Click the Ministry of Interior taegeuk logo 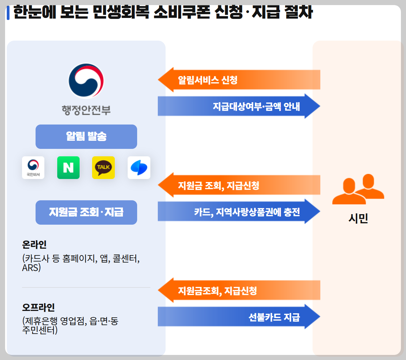tap(86, 81)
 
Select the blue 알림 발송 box tap(86, 137)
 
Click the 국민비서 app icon tap(33, 167)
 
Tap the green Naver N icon tap(68, 167)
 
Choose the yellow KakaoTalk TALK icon tap(103, 167)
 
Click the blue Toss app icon tap(139, 167)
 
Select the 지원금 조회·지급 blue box tap(86, 212)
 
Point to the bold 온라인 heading tap(34, 244)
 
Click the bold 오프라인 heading tap(38, 308)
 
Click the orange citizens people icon tap(358, 189)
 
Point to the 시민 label tap(358, 219)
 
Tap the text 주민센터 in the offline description tap(39, 330)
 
